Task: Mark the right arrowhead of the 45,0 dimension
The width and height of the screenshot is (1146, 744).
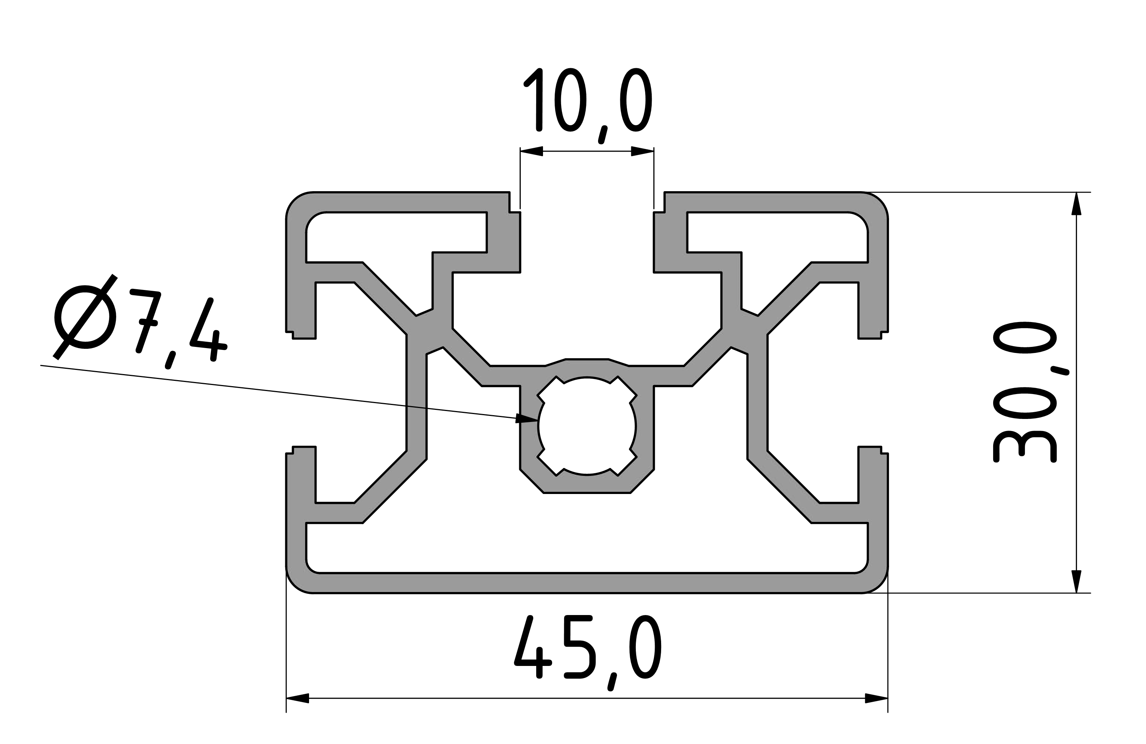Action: tap(876, 698)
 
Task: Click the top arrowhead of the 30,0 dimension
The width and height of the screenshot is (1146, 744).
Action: tap(1076, 204)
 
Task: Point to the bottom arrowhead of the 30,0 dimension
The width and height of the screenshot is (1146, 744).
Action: tap(1076, 581)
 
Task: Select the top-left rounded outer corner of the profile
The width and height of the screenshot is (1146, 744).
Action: tap(295, 201)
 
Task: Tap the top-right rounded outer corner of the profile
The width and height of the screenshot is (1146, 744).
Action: tap(879, 201)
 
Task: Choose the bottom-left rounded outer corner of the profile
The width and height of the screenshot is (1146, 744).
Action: tap(295, 584)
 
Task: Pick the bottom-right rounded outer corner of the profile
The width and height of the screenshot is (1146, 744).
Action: tap(879, 584)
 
